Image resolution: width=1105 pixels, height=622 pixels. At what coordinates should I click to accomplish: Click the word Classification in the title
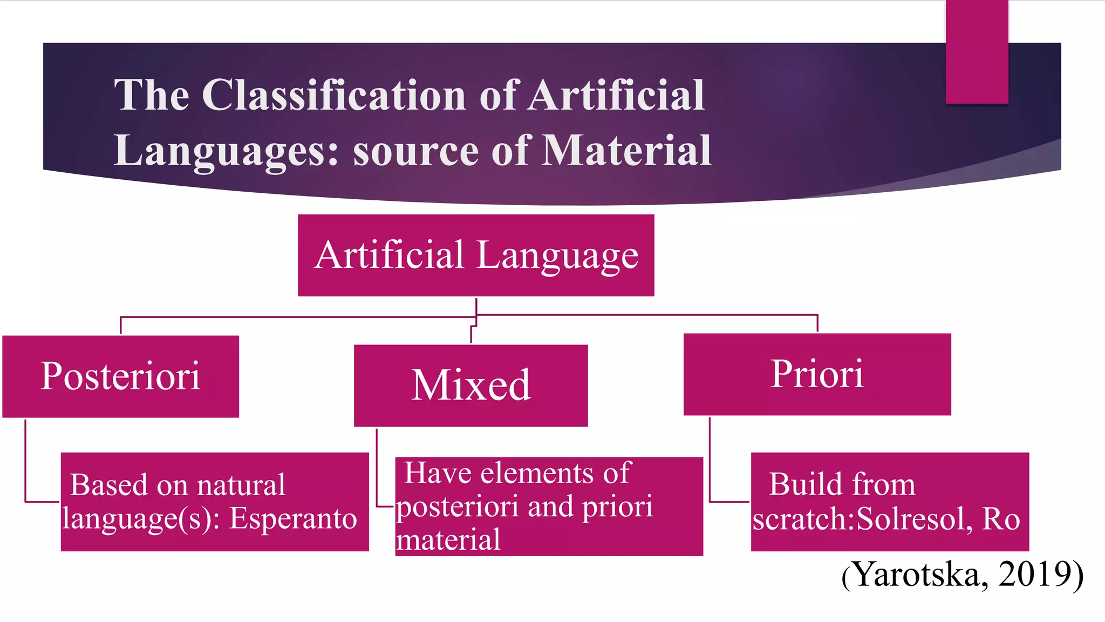(335, 96)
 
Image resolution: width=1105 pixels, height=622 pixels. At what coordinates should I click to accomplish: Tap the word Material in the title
(626, 150)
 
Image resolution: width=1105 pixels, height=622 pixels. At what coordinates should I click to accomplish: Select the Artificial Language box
(476, 255)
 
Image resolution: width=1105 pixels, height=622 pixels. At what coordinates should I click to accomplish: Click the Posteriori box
(120, 376)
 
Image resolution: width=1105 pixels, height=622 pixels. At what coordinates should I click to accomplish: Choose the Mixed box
(470, 386)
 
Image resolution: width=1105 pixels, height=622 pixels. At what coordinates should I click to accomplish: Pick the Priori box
(817, 374)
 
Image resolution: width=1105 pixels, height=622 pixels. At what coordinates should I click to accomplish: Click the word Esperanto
(293, 519)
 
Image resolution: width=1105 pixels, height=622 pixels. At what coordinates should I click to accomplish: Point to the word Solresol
(914, 519)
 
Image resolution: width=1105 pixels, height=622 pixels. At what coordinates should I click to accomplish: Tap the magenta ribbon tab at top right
(977, 52)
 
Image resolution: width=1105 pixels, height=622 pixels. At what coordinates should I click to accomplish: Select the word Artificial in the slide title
(616, 96)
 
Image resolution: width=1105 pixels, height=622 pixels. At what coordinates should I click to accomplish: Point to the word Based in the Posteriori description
(109, 485)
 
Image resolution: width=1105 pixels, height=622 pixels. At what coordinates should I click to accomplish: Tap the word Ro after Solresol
(1001, 519)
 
